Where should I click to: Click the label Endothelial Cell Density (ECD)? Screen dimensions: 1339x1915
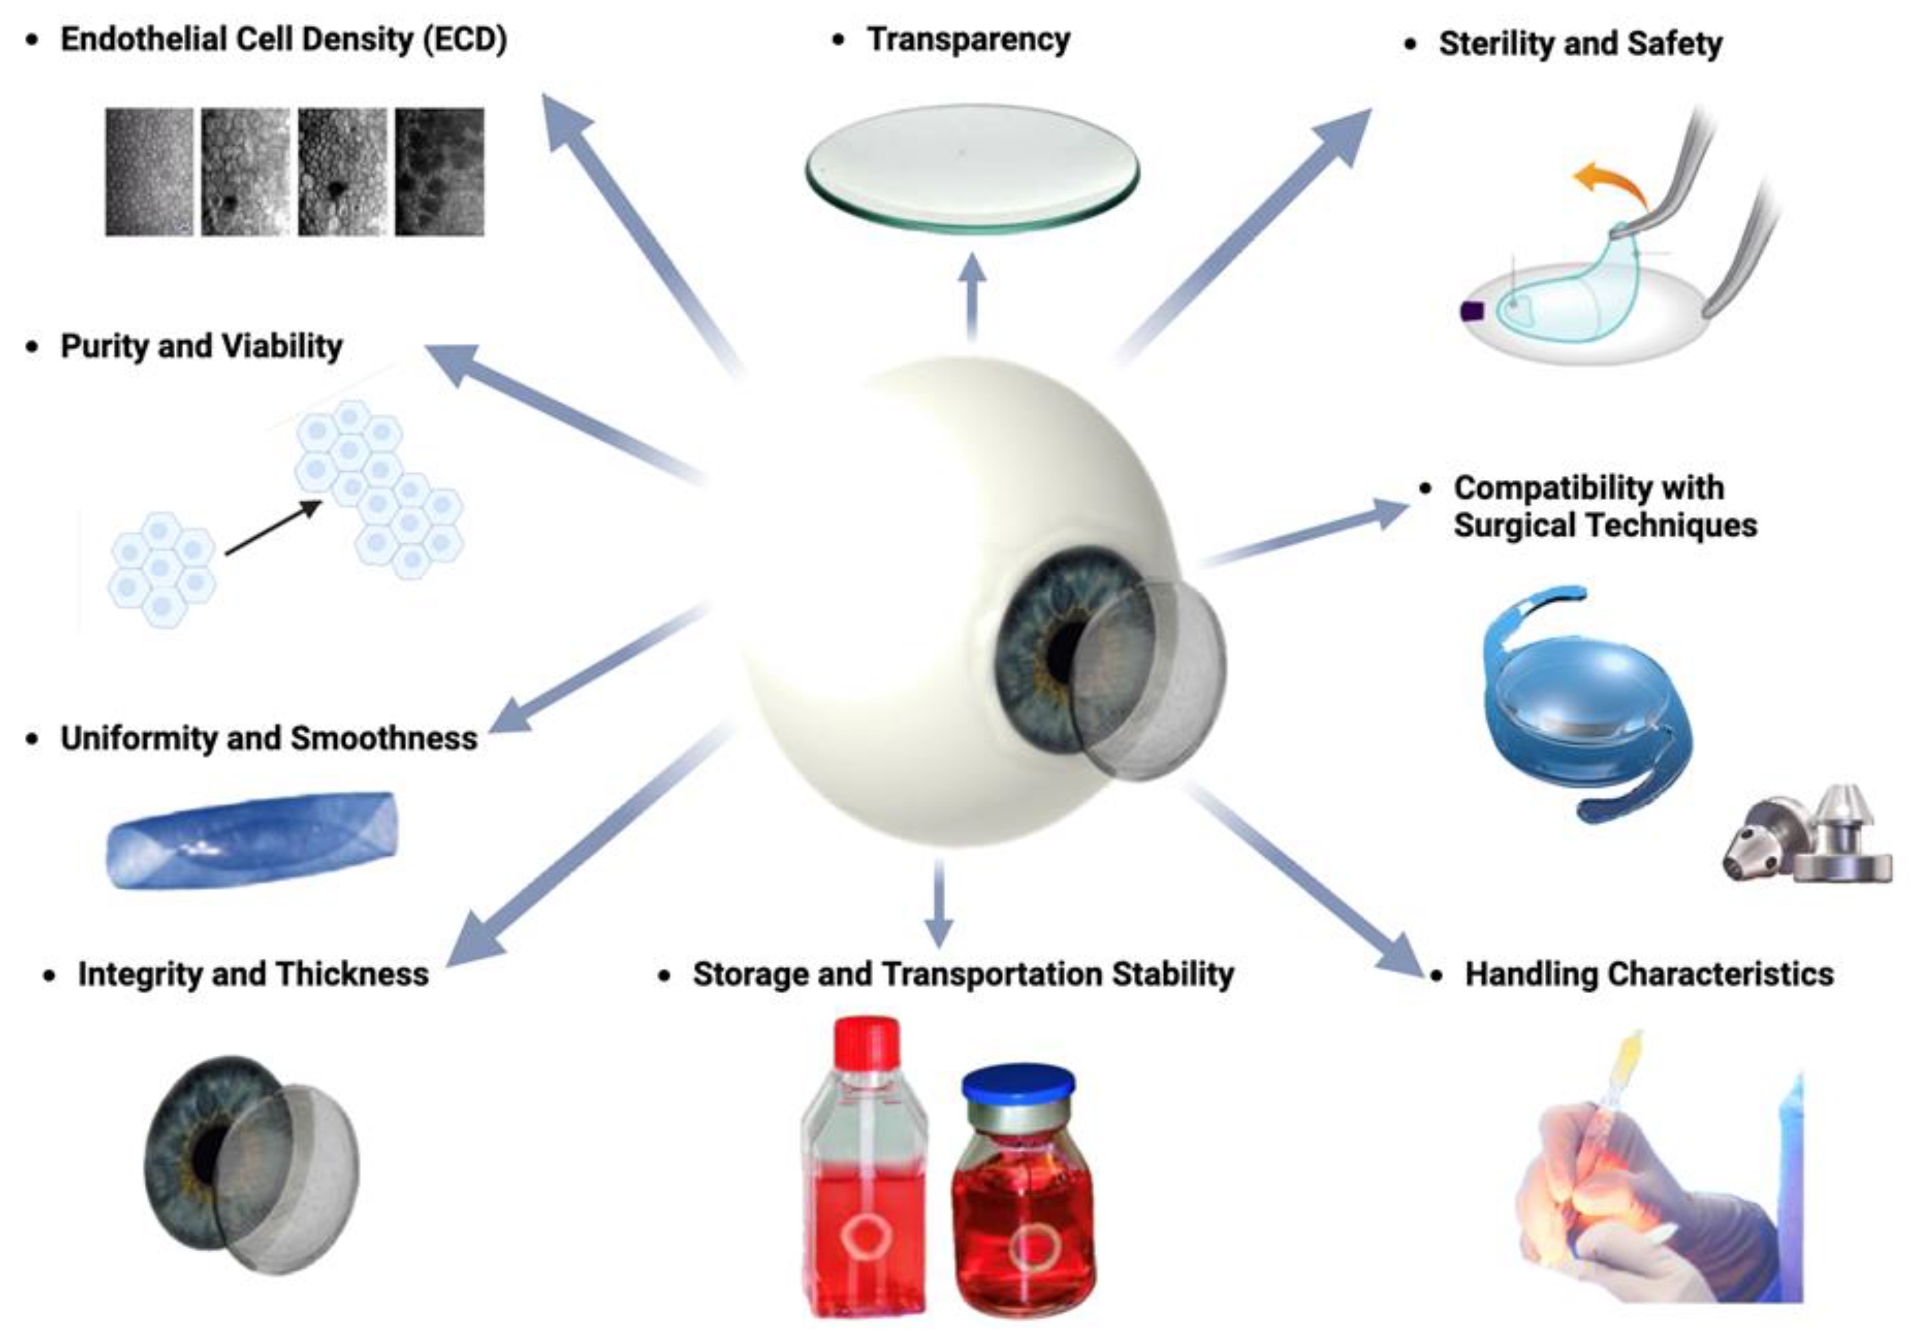(x=283, y=40)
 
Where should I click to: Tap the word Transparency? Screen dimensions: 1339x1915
(x=969, y=39)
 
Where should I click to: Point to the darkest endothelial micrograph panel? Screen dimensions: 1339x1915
(x=440, y=171)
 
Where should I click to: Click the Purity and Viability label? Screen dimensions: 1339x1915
(x=201, y=346)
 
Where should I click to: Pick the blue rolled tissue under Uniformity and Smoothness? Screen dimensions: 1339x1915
(x=252, y=840)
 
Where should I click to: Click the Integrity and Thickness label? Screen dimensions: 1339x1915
(x=253, y=974)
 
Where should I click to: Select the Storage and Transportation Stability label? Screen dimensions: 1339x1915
(x=963, y=974)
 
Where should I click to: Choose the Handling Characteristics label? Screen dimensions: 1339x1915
(x=1649, y=974)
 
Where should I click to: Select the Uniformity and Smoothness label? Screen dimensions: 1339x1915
(x=269, y=738)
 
